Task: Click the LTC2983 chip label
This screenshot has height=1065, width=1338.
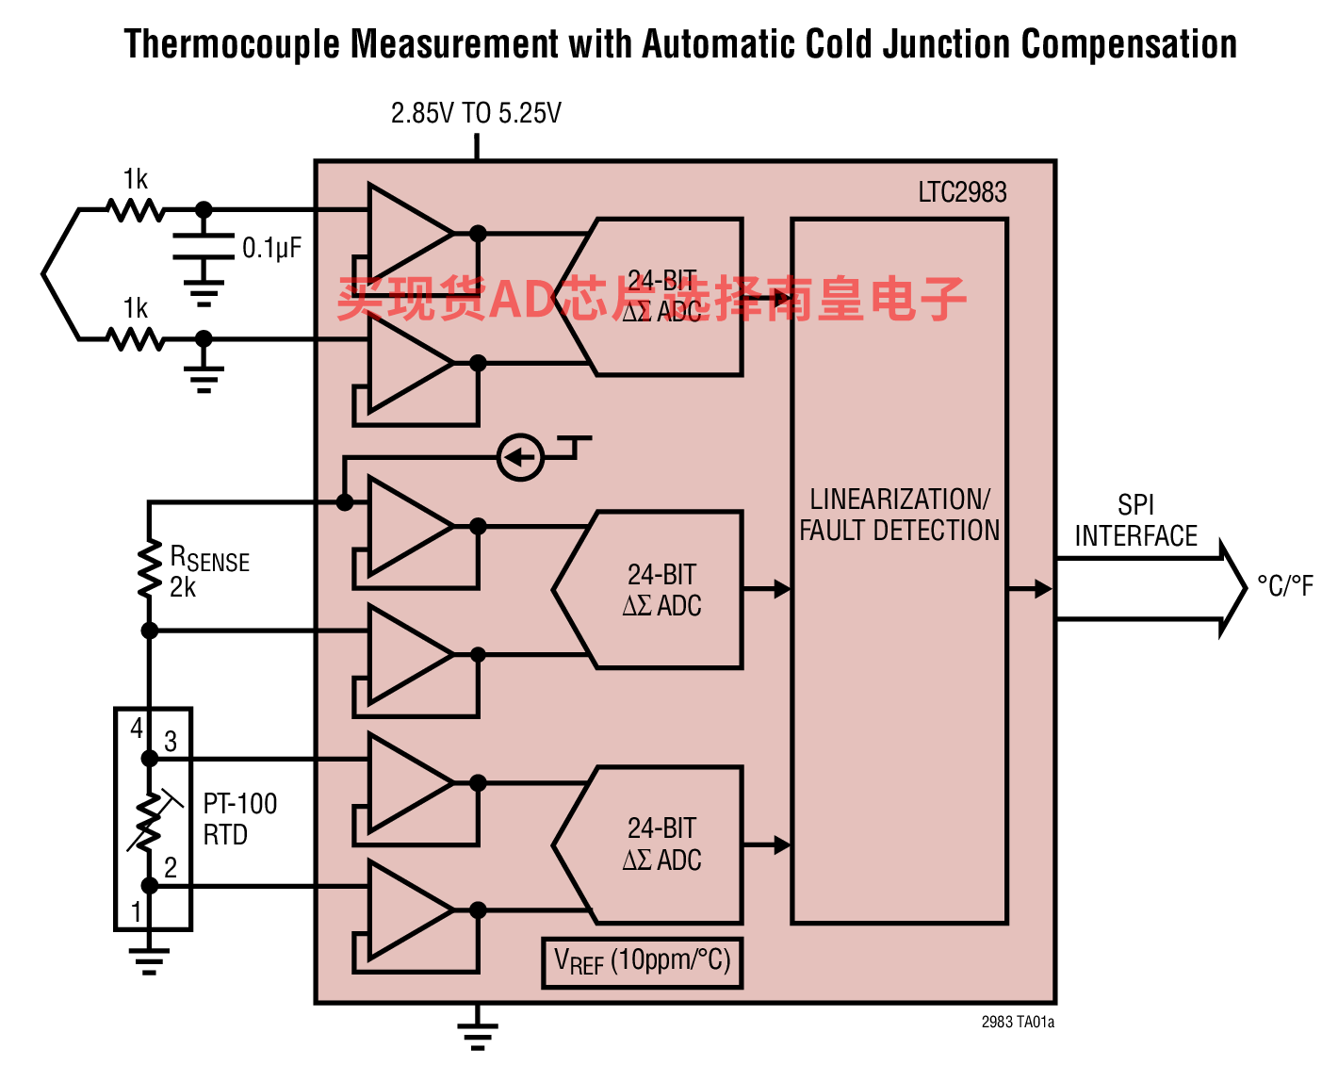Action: pos(962,192)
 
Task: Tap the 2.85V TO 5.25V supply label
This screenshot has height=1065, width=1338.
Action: pos(476,113)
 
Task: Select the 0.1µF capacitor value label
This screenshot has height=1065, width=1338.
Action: pos(271,248)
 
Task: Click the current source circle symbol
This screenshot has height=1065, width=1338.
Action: pos(520,457)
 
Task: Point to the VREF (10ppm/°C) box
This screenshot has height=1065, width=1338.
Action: pos(643,962)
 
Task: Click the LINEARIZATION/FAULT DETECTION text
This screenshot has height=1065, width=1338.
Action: pos(899,516)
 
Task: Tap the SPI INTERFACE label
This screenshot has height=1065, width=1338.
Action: pos(1136,520)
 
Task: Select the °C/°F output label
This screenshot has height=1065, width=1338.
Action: pos(1285,586)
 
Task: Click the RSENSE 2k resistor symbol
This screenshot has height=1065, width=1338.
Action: pos(149,568)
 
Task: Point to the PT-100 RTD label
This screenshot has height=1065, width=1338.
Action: pos(240,819)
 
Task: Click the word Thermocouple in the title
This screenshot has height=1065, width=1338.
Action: pos(232,44)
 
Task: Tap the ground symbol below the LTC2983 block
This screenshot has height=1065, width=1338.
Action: pos(477,1037)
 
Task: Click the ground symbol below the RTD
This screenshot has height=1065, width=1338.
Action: pos(149,960)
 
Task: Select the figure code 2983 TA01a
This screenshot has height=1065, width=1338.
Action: pos(1018,1022)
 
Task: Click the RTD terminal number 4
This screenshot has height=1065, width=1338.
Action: pos(137,728)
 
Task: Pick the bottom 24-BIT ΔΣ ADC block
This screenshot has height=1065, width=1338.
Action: pos(647,844)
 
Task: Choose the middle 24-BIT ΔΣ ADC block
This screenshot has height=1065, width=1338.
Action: pos(647,590)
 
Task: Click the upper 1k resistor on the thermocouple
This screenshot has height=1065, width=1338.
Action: pos(136,210)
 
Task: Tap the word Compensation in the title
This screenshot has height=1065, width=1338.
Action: pos(1129,44)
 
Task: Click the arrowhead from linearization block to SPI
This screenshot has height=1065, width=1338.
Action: pos(1043,588)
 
